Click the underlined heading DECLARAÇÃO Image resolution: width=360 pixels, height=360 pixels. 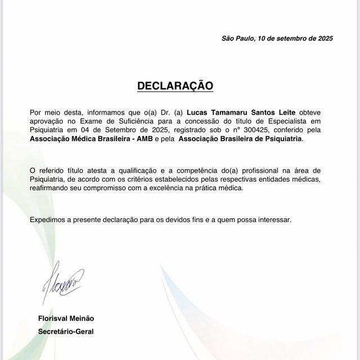175,86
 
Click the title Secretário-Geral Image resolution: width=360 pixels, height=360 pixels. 65,331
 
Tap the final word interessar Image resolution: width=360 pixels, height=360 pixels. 274,219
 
